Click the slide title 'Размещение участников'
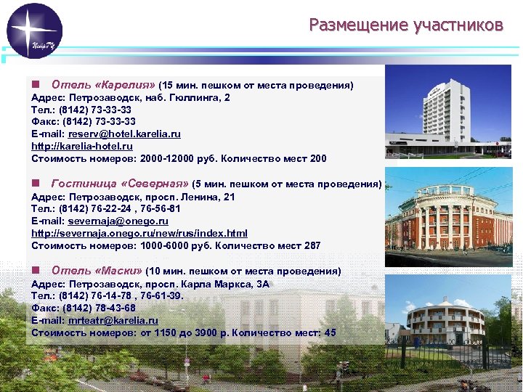click(405, 25)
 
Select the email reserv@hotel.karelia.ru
click(124, 134)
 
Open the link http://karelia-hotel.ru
click(82, 147)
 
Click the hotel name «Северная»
click(154, 184)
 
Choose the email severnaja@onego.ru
click(118, 221)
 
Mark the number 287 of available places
click(311, 245)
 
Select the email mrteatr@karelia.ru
click(113, 320)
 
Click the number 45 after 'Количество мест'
click(330, 332)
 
